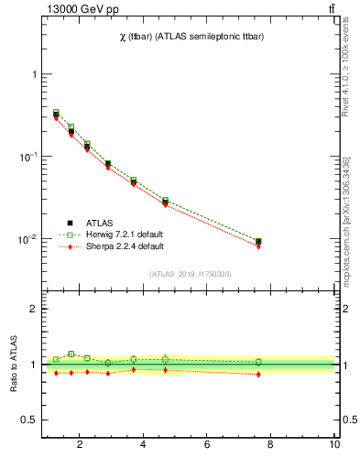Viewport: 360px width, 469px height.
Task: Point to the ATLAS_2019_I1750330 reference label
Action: tap(190, 274)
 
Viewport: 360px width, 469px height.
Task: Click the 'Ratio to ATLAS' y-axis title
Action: tap(13, 364)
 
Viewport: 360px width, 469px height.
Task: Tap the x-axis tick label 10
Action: tap(334, 446)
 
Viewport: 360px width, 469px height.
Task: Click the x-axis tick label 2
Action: tap(80, 446)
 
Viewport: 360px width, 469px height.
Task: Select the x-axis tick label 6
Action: tap(208, 446)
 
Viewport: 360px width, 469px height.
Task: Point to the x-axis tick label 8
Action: tap(271, 446)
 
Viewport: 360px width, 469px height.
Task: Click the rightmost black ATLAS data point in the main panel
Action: tap(258, 242)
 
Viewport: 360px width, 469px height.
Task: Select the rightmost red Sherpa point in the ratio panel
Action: tap(258, 374)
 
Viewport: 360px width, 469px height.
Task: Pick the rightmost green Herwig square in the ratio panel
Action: tap(258, 362)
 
